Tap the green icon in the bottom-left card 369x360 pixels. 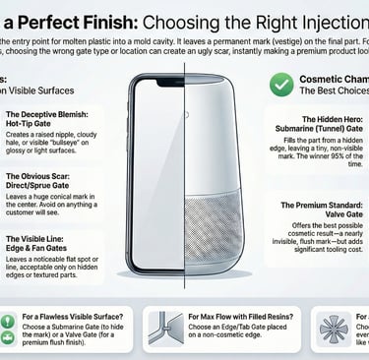21,327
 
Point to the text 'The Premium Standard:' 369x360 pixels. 314,206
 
